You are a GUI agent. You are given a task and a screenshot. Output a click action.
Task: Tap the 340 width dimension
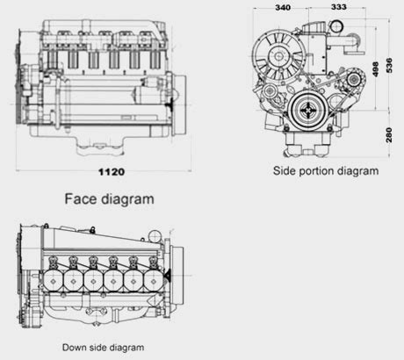[x=283, y=8]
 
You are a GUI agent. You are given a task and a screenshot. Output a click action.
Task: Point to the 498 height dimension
[x=375, y=69]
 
